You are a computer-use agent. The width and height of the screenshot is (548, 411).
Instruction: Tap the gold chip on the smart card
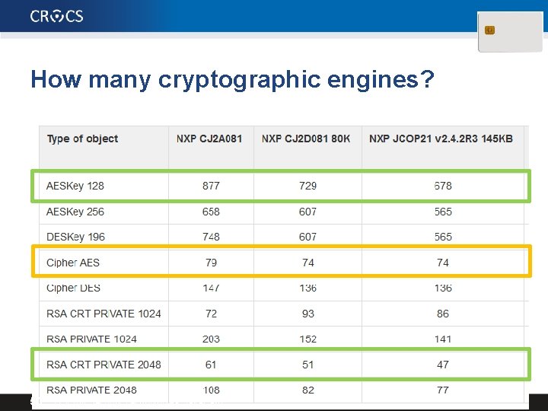489,30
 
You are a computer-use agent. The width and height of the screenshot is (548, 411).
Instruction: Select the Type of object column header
82,139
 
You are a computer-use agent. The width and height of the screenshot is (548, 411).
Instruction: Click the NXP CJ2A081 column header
209,139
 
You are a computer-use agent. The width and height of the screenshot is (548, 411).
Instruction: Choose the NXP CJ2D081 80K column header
306,139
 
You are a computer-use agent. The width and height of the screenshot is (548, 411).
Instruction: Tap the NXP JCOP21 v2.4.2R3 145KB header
441,139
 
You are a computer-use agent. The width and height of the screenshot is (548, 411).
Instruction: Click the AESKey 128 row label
75,186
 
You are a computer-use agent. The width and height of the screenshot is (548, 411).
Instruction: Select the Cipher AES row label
73,263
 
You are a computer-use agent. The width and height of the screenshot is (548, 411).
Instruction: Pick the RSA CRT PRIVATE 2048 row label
104,365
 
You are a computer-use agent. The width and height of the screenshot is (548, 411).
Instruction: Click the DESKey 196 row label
75,237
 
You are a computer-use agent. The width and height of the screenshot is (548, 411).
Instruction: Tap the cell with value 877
211,186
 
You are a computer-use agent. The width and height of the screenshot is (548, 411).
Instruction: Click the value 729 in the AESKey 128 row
307,186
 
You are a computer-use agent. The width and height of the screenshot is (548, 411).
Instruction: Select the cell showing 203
211,339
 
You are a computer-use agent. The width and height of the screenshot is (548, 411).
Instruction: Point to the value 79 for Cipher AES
211,263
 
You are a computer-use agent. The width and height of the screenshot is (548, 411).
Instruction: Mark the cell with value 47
443,365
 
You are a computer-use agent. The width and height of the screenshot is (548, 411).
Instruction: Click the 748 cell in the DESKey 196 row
211,237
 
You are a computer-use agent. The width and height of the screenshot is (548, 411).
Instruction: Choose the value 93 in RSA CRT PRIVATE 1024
307,314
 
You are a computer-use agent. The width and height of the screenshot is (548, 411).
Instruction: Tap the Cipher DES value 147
211,288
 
